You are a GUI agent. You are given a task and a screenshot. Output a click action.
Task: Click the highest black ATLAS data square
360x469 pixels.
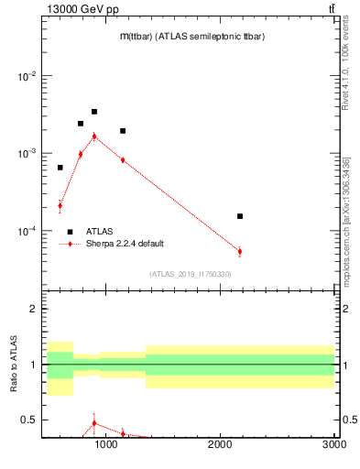(94, 112)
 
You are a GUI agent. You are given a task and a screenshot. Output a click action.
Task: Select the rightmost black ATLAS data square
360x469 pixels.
(240, 216)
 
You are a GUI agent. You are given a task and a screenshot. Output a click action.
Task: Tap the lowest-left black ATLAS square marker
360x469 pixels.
(60, 168)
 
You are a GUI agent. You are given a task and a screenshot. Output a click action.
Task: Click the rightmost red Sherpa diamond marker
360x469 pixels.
(240, 251)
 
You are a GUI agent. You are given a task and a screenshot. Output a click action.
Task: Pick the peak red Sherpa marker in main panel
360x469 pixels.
(94, 136)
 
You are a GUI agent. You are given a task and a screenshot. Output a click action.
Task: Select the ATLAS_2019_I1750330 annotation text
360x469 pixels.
(191, 274)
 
